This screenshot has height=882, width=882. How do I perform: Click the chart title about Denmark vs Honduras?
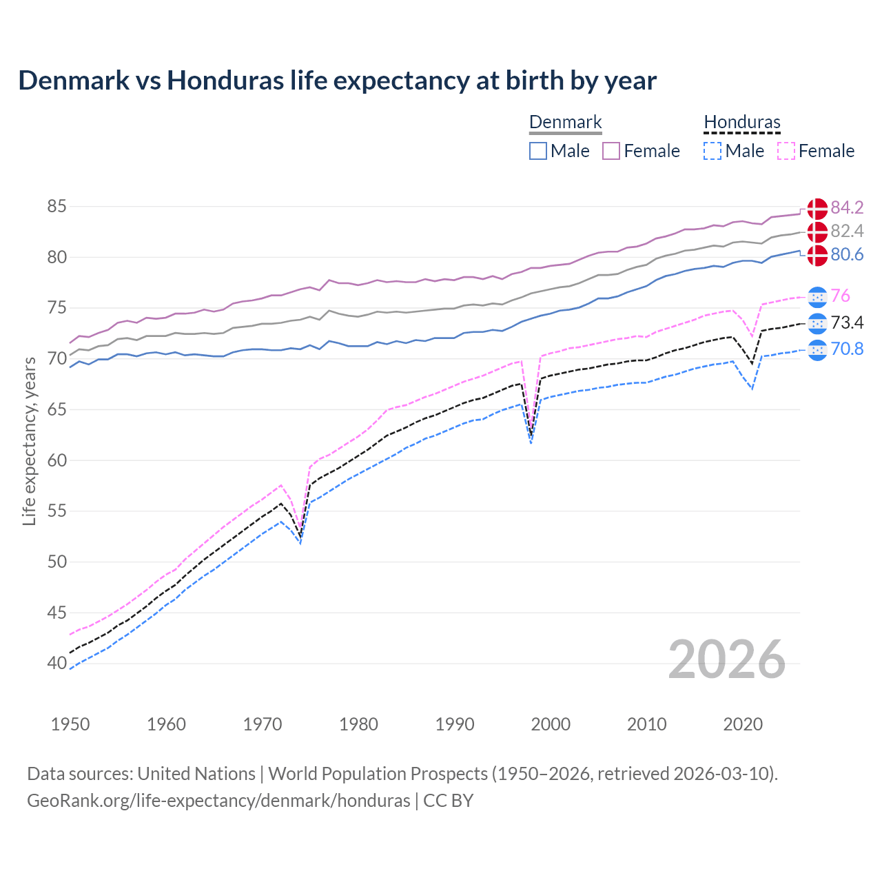[x=337, y=81]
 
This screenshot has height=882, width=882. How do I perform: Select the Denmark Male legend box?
[x=538, y=151]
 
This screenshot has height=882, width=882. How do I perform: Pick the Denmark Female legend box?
[x=611, y=151]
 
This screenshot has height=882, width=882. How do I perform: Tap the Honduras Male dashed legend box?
[x=712, y=151]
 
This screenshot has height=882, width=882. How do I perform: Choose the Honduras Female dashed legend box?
[x=786, y=151]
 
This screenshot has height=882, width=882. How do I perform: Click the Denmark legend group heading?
[x=565, y=123]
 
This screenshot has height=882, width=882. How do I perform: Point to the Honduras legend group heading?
[x=741, y=123]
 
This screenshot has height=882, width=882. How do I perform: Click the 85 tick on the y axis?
[x=57, y=206]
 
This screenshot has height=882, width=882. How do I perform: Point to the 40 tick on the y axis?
[x=57, y=664]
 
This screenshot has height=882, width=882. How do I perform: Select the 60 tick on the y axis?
[x=57, y=460]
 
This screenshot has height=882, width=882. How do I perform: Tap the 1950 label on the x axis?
[x=70, y=724]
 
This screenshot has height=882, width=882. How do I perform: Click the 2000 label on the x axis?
[x=551, y=724]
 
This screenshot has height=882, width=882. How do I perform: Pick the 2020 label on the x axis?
[x=743, y=724]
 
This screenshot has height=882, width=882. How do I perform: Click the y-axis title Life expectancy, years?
[x=30, y=441]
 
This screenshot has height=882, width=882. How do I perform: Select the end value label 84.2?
[x=847, y=207]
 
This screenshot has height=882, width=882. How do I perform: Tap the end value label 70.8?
[x=847, y=349]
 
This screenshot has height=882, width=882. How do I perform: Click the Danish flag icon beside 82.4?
[x=817, y=232]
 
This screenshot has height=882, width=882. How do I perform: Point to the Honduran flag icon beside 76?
[x=817, y=296]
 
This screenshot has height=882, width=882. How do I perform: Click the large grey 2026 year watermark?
[x=727, y=659]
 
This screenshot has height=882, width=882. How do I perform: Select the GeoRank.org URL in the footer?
[x=218, y=801]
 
